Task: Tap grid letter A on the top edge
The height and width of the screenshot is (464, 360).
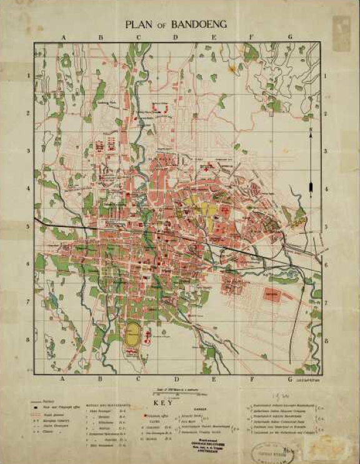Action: pos(64,38)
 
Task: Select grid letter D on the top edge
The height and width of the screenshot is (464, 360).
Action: pos(176,38)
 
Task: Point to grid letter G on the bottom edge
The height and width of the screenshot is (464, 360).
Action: pos(290,379)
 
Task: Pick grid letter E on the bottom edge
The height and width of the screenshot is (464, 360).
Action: pos(214,379)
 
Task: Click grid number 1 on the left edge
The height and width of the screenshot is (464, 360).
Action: pos(28,76)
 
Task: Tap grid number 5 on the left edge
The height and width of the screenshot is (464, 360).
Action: pos(28,228)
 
